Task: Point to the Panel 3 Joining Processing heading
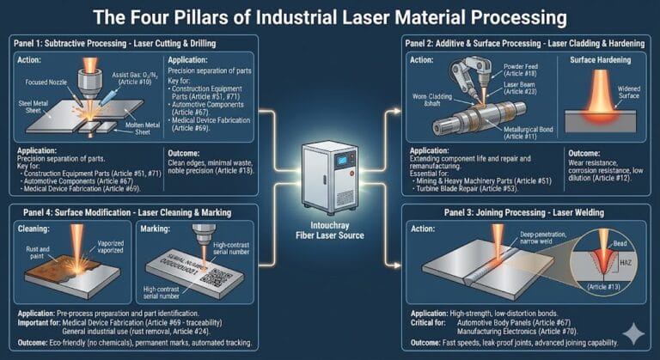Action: pyautogui.click(x=507, y=211)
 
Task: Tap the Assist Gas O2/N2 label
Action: pyautogui.click(x=125, y=78)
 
